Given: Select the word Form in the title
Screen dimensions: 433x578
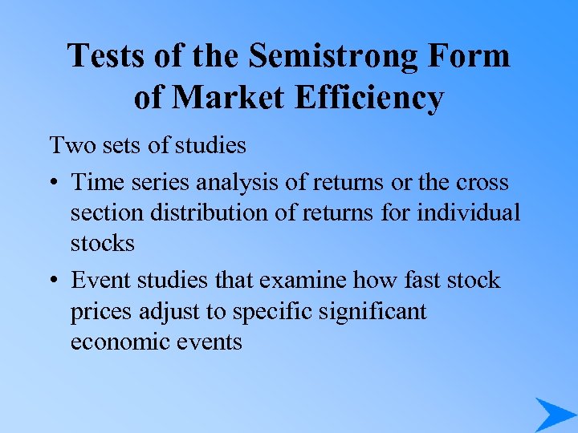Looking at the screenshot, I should (x=470, y=56).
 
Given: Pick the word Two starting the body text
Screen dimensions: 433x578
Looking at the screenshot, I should (x=70, y=146).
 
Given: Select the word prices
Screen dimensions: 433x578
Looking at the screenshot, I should (x=102, y=311).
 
